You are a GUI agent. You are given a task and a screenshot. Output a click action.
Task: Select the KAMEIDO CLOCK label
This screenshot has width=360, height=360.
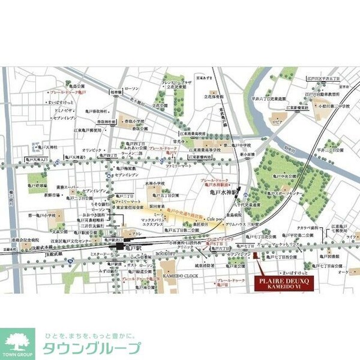click(x=178, y=275)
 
